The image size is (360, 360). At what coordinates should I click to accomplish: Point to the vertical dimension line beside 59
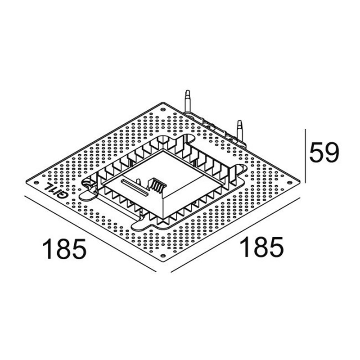[x=306, y=155]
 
